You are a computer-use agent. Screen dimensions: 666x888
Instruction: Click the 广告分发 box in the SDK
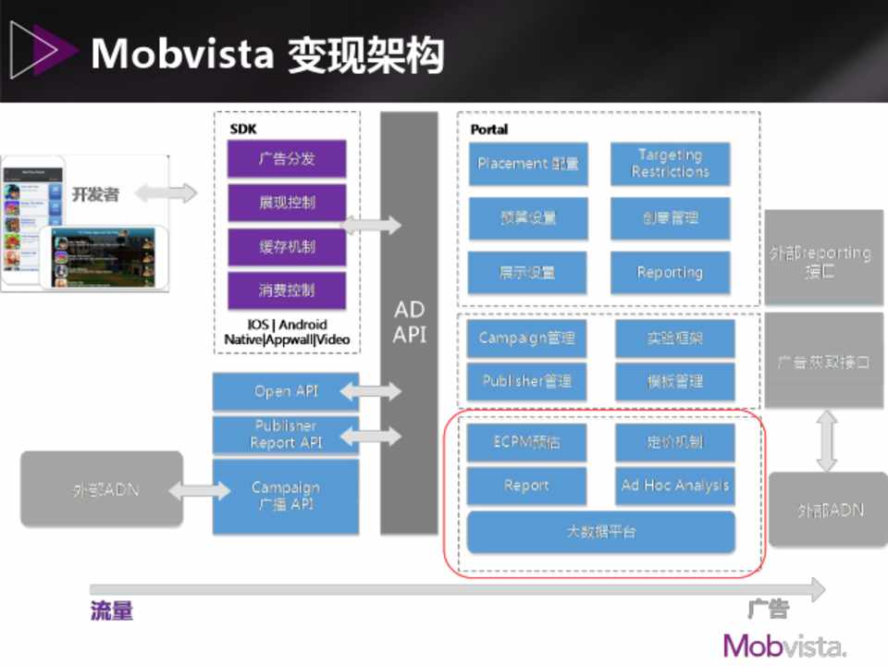point(287,159)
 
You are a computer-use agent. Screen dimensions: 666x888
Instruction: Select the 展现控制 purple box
point(287,203)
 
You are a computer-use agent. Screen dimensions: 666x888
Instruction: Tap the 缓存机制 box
point(287,247)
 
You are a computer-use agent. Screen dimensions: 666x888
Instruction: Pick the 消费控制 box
point(287,290)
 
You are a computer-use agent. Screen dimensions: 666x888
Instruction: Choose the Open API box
point(286,391)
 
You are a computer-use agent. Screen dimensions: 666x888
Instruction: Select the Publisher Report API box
point(286,435)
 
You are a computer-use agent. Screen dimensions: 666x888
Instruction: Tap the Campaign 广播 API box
point(286,496)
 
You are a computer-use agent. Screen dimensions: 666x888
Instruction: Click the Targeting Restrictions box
point(670,164)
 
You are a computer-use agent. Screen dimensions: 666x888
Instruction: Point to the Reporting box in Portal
point(670,273)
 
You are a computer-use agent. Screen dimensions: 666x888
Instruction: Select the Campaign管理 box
point(526,338)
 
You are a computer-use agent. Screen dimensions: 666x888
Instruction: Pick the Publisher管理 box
point(526,381)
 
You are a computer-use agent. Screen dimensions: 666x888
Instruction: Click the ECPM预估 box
point(526,442)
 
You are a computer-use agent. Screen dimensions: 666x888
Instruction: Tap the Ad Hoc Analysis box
point(675,486)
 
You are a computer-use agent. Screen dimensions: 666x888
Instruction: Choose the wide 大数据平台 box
point(601,532)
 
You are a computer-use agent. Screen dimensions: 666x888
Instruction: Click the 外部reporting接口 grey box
point(824,262)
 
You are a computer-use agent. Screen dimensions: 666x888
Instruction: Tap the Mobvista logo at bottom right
point(784,645)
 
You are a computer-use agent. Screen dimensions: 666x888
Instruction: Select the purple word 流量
point(112,610)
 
